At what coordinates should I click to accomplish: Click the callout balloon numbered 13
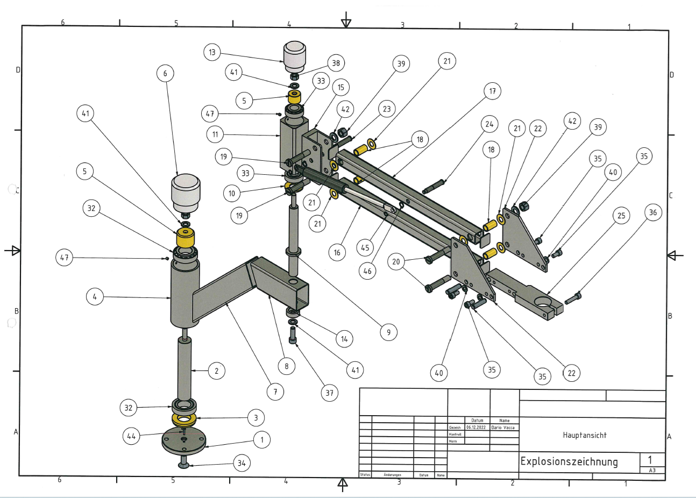point(212,53)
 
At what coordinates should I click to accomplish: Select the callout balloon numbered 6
point(165,73)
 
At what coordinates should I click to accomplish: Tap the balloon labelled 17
point(492,91)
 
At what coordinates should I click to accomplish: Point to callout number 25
point(621,216)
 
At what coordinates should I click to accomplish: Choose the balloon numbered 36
point(652,212)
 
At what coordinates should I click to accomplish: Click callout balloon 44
point(131,436)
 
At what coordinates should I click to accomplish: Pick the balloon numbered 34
point(242,463)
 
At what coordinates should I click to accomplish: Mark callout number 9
point(388,332)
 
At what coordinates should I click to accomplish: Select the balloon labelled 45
point(365,248)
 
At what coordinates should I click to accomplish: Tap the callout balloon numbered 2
point(216,371)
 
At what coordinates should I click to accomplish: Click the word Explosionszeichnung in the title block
point(569,461)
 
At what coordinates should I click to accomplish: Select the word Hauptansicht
point(585,435)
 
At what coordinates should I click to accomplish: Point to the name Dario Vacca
point(503,428)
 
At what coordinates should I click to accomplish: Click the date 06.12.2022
point(476,428)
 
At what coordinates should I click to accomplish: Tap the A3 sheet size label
point(652,470)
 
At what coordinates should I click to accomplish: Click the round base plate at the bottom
point(184,442)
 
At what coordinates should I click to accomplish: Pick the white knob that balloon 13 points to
point(295,56)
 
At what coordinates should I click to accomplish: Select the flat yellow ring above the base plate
point(184,418)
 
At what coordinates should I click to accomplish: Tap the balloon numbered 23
point(387,109)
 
